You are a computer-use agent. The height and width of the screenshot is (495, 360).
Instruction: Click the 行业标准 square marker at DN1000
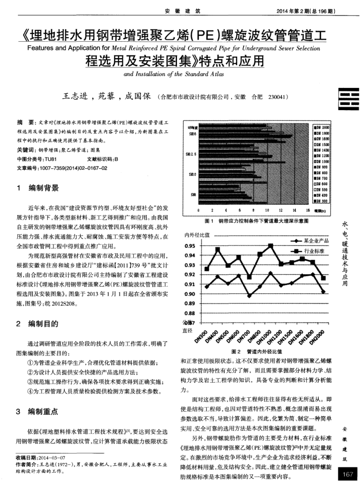click(x=271, y=246)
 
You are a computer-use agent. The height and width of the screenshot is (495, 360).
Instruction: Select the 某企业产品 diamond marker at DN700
click(x=249, y=296)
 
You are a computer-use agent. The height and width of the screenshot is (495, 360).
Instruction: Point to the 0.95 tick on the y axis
click(x=189, y=246)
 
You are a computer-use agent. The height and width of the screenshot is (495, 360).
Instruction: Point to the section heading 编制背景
click(x=44, y=188)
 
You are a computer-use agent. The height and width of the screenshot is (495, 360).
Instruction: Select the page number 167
click(x=348, y=473)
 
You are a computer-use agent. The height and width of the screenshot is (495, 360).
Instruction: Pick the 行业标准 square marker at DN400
click(x=218, y=250)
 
